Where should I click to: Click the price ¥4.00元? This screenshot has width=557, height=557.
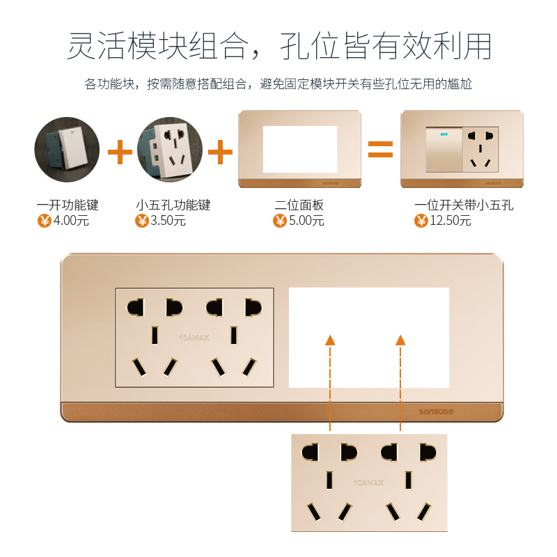63,221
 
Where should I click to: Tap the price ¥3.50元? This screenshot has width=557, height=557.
161,221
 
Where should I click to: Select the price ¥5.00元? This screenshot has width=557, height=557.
299,221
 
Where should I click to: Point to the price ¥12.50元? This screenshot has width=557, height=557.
443,221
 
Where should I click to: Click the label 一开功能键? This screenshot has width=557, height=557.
68,205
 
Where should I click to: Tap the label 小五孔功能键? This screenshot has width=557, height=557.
173,205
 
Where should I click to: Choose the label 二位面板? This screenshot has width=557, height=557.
299,205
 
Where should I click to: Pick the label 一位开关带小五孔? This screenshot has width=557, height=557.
464,205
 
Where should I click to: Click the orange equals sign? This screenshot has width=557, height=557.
381,148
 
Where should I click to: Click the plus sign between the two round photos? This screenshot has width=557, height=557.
120,151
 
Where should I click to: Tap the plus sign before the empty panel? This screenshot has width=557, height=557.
220,151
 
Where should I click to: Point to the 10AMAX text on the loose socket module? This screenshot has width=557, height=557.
369,482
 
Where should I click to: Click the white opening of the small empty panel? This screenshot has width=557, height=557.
299,149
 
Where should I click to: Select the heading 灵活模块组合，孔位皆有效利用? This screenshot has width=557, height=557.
278,47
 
